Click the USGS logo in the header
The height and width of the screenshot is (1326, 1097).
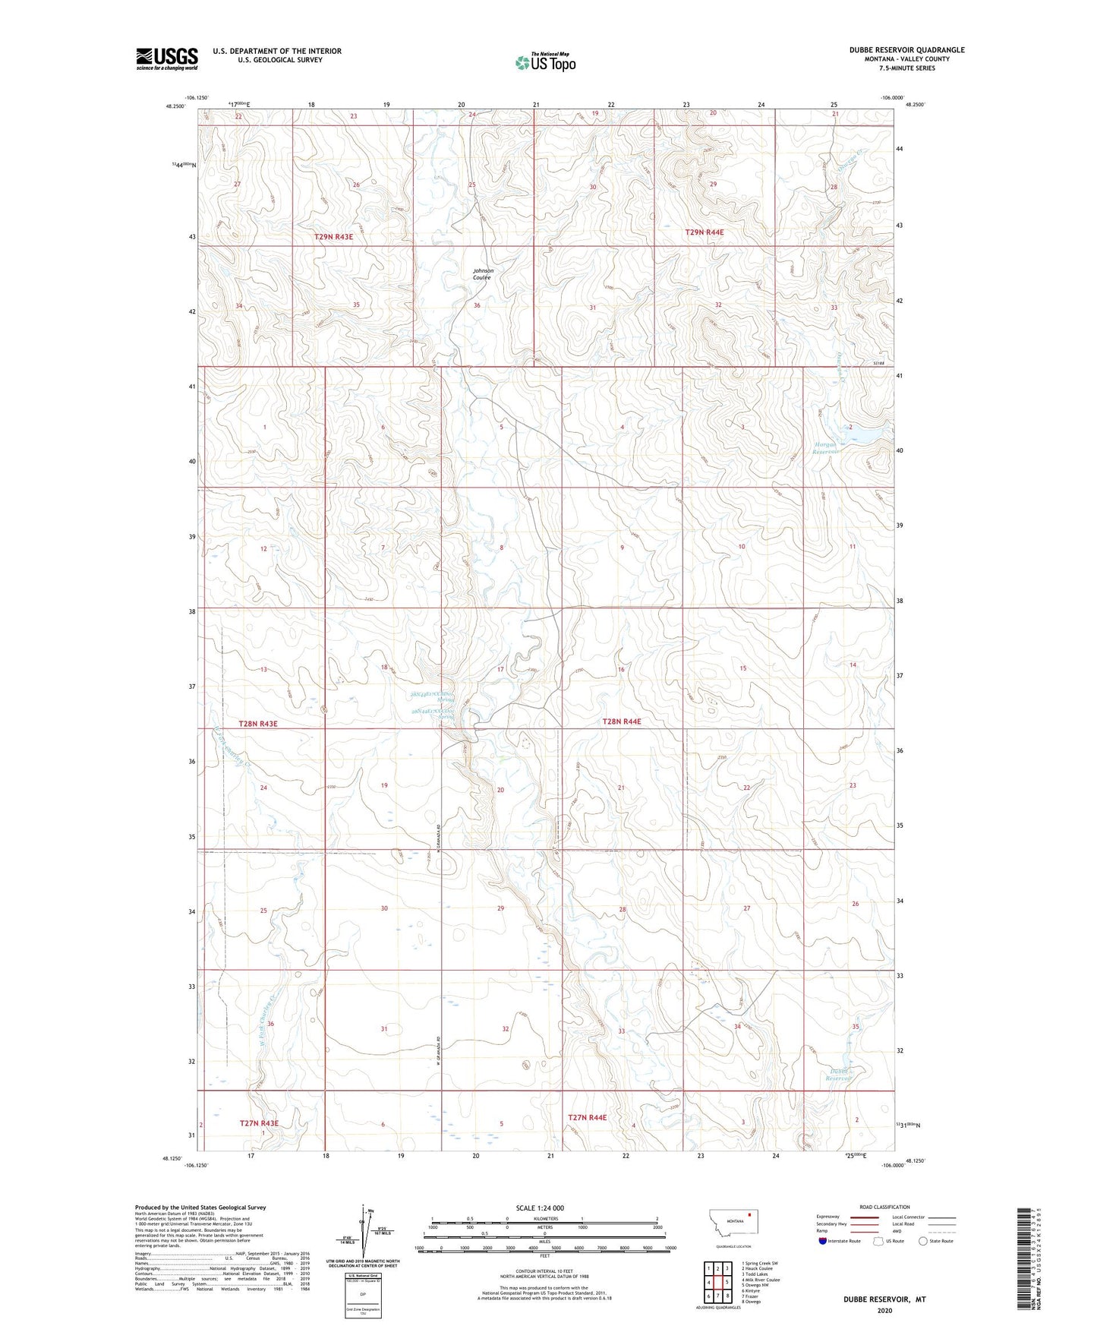[166, 58]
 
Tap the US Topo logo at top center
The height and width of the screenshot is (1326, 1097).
[545, 62]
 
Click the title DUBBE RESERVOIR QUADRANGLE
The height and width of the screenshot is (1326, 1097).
[907, 50]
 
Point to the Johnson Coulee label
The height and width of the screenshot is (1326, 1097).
[483, 274]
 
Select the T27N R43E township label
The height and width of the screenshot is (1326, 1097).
[259, 1122]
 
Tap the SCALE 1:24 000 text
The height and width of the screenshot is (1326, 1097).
[539, 1208]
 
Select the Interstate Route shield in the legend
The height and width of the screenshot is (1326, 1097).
[824, 1242]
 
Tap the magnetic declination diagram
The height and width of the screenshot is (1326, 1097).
[363, 1234]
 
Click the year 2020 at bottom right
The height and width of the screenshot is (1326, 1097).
[884, 1310]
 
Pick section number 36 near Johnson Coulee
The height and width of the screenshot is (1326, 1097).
[477, 305]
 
